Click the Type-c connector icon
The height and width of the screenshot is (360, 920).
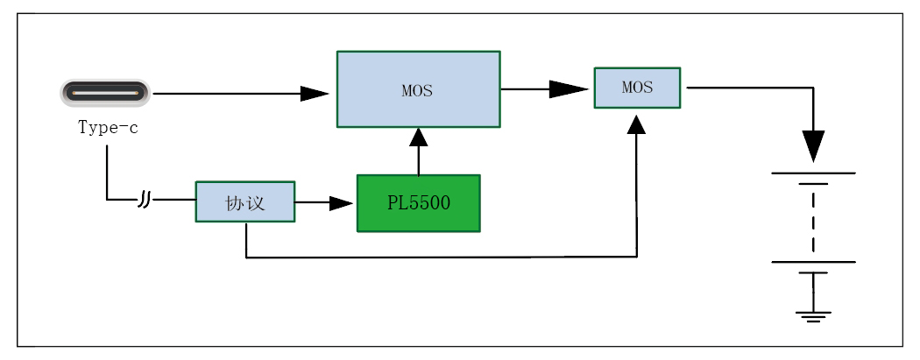pos(105,92)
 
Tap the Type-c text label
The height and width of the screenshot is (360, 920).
pos(108,128)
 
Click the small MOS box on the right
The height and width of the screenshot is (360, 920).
pos(637,88)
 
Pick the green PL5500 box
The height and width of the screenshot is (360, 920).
pos(418,203)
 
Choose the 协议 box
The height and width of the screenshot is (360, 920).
pos(244,202)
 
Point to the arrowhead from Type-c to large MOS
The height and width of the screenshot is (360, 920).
pos(314,94)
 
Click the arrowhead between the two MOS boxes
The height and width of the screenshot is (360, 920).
pos(567,88)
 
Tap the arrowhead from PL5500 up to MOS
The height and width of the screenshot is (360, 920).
pos(419,138)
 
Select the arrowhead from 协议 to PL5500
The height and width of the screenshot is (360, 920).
pos(340,203)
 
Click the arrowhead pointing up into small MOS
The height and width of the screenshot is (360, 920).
pos(637,124)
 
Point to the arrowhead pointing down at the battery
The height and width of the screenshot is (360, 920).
pos(813,145)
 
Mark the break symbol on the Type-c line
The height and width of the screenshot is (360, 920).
pos(145,201)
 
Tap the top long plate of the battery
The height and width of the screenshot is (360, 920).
pos(813,173)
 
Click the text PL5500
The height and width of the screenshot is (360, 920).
pos(418,203)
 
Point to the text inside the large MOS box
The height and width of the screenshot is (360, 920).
pos(417,90)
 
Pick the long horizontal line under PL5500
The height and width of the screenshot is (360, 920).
pos(438,258)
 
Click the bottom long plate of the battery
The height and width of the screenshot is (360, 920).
pos(813,262)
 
